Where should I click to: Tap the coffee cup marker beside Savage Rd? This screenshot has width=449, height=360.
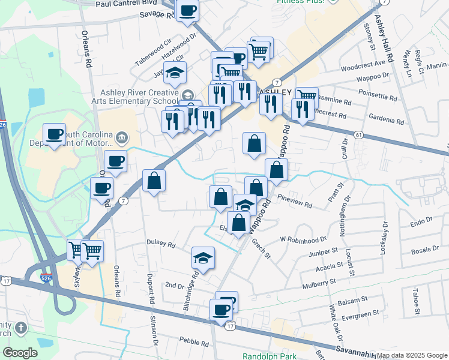(187, 11)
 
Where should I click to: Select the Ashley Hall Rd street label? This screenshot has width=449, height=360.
(384, 36)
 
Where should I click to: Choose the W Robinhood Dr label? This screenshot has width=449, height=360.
(303, 238)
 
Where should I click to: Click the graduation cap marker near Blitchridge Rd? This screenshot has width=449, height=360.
(203, 259)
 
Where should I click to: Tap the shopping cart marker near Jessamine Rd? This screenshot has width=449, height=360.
(306, 96)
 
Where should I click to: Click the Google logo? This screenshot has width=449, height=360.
(20, 353)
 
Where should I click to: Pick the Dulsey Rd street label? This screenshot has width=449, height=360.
(160, 245)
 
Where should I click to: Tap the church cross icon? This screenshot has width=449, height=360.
(21, 328)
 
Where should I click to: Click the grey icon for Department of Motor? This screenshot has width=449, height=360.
(121, 137)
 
